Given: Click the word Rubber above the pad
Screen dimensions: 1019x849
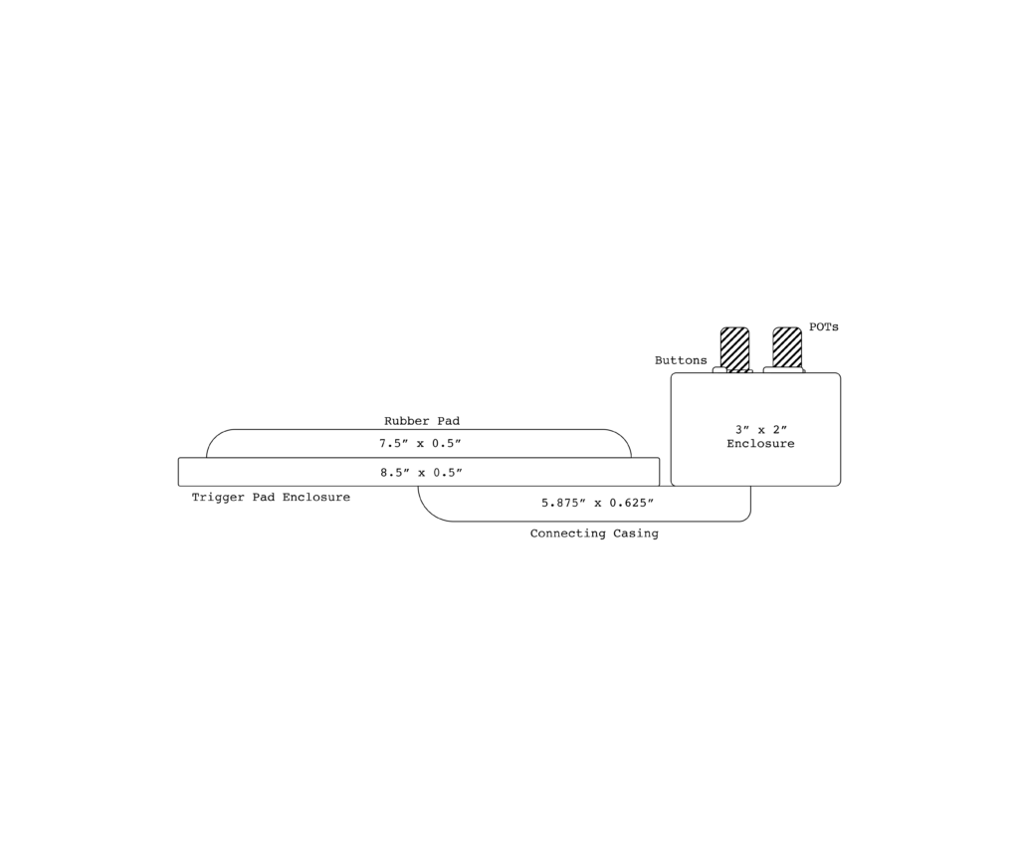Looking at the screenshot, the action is pyautogui.click(x=406, y=421).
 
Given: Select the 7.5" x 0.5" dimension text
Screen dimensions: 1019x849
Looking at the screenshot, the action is pyautogui.click(x=421, y=443).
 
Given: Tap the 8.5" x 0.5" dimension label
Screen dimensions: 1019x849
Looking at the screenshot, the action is pyautogui.click(x=421, y=473).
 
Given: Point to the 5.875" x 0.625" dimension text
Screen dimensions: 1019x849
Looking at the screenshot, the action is pyautogui.click(x=597, y=503).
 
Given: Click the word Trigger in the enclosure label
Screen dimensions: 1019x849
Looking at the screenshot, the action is pyautogui.click(x=218, y=498).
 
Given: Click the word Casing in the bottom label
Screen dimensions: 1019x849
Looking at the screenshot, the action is pyautogui.click(x=636, y=533).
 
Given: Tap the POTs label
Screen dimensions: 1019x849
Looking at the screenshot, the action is pyautogui.click(x=824, y=327).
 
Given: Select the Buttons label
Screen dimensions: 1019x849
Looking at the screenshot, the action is pyautogui.click(x=681, y=360).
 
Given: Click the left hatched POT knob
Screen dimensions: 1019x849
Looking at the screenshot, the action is pyautogui.click(x=735, y=349).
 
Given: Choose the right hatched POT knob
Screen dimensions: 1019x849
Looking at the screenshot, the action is pyautogui.click(x=787, y=347).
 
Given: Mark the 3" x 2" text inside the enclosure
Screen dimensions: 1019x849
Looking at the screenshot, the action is pyautogui.click(x=761, y=430).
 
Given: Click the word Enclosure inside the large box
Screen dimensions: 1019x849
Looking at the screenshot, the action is pyautogui.click(x=760, y=444).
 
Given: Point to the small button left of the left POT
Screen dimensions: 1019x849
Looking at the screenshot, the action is pyautogui.click(x=717, y=370).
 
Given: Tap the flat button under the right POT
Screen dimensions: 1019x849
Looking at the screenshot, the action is pyautogui.click(x=784, y=370).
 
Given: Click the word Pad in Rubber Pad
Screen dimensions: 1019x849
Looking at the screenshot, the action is pyautogui.click(x=448, y=421).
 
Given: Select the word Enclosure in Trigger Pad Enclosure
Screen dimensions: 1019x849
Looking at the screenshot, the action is pyautogui.click(x=315, y=498).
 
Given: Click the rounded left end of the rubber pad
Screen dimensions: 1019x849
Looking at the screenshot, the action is pyautogui.click(x=215, y=438).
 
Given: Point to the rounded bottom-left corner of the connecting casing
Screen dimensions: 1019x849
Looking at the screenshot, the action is pyautogui.click(x=428, y=513).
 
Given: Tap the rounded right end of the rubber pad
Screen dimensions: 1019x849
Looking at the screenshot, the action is pyautogui.click(x=623, y=438).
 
